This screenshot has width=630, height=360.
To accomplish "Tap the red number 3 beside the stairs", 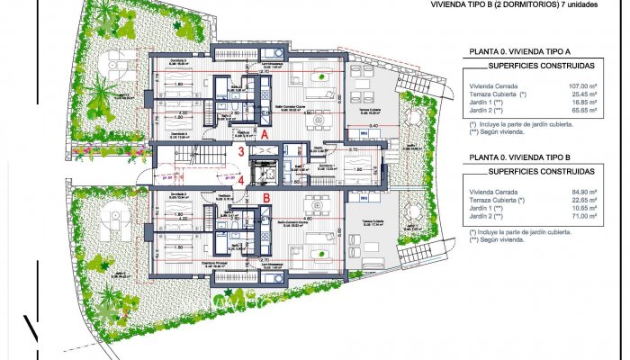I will point(241,153).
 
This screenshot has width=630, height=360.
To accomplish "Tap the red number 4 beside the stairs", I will point(241,178).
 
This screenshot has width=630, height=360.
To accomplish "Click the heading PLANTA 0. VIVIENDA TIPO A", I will point(520,52).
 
